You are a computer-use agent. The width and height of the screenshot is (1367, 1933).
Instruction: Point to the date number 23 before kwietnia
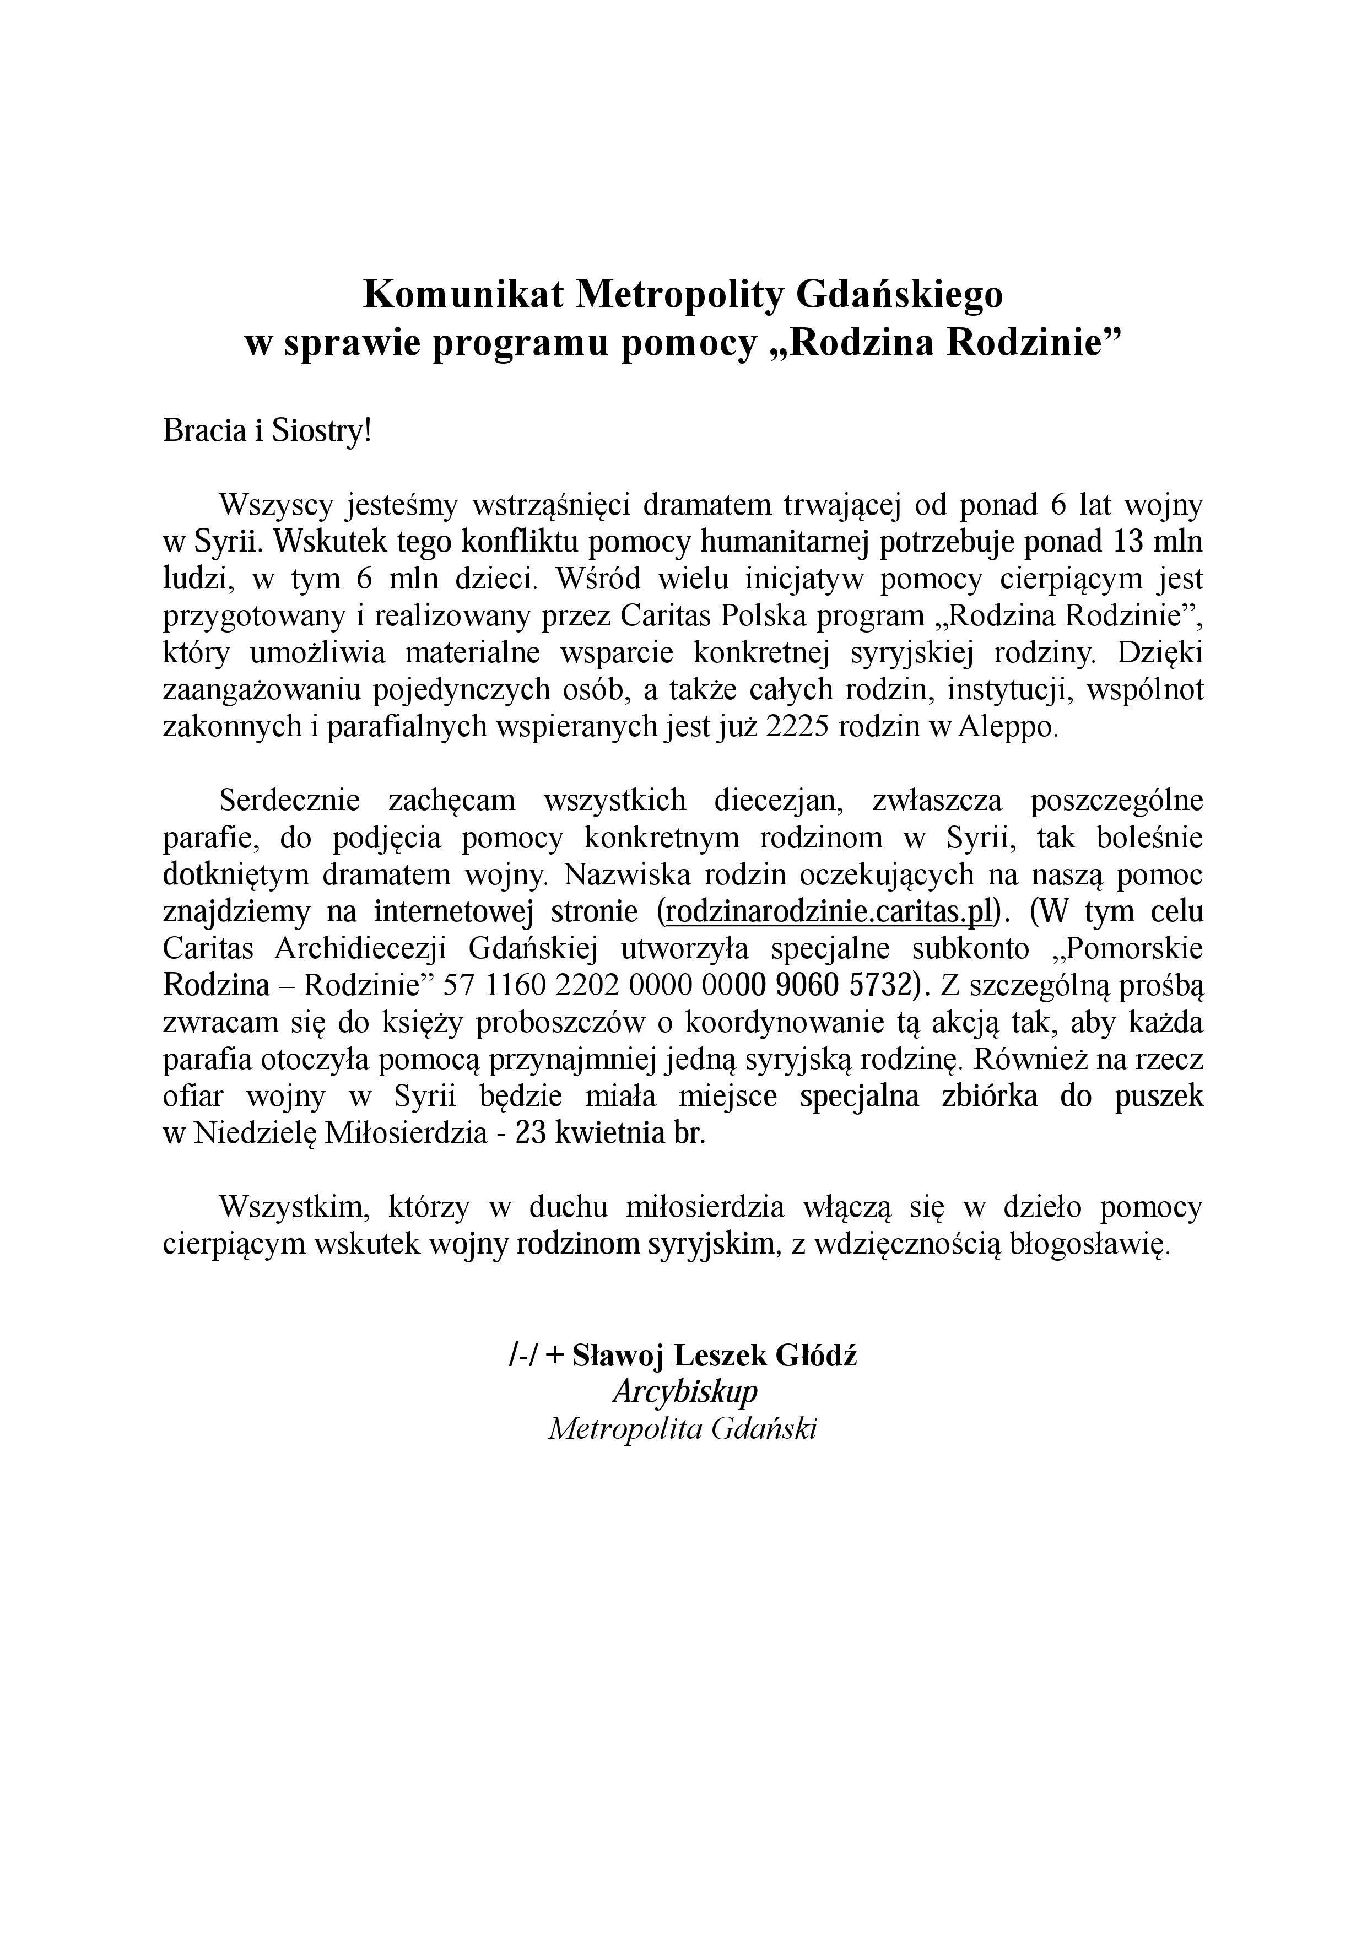coord(532,1133)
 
